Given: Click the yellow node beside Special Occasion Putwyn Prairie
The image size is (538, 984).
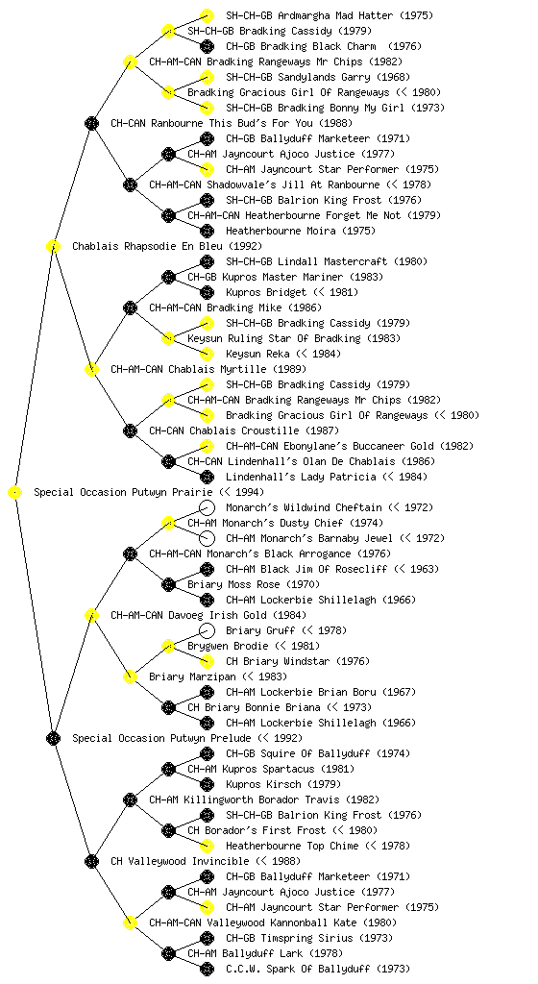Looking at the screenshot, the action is [x=15, y=493].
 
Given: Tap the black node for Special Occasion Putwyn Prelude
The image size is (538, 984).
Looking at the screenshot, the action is [x=53, y=739].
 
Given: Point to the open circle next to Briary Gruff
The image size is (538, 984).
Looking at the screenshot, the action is [x=207, y=630].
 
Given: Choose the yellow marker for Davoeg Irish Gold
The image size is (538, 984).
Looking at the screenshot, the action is [x=91, y=616].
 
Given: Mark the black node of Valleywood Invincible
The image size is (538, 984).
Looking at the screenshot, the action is [x=91, y=862].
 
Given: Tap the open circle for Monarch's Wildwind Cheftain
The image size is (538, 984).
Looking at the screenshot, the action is [x=207, y=507].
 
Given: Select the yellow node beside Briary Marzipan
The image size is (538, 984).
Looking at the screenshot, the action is [x=130, y=677].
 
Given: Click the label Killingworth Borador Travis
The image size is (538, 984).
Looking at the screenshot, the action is [x=262, y=800].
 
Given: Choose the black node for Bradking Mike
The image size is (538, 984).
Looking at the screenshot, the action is [x=130, y=308].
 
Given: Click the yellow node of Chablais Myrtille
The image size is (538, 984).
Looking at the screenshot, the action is [x=91, y=370].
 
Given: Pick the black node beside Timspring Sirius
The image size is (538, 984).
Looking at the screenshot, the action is [x=207, y=938].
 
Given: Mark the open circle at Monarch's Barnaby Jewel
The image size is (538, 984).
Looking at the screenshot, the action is [x=207, y=538].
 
